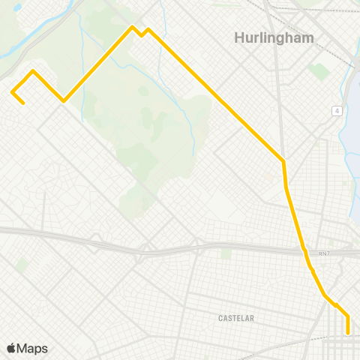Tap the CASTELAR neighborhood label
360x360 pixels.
pos(236,318)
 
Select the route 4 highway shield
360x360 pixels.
pos(338,111)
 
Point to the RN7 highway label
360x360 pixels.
pos(323,253)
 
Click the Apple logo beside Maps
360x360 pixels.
pos(11,348)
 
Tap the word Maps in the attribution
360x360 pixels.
pos(32,348)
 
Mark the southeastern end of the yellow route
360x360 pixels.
pos(348,332)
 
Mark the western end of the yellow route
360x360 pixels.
pos(24,103)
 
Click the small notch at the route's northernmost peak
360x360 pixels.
pos(141,34)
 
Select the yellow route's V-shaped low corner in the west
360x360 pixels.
pos(64,100)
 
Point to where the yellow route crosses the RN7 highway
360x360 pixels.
pos(304,250)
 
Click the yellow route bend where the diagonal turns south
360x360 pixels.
pos(283,160)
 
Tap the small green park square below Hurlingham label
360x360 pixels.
pos(319,71)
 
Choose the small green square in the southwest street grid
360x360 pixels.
pos(22,264)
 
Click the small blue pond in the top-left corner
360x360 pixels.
pos(17,7)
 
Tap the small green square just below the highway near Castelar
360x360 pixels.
pos(226,254)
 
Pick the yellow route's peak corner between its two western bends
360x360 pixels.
pos(33,71)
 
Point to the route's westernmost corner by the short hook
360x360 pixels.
pos(12,91)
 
